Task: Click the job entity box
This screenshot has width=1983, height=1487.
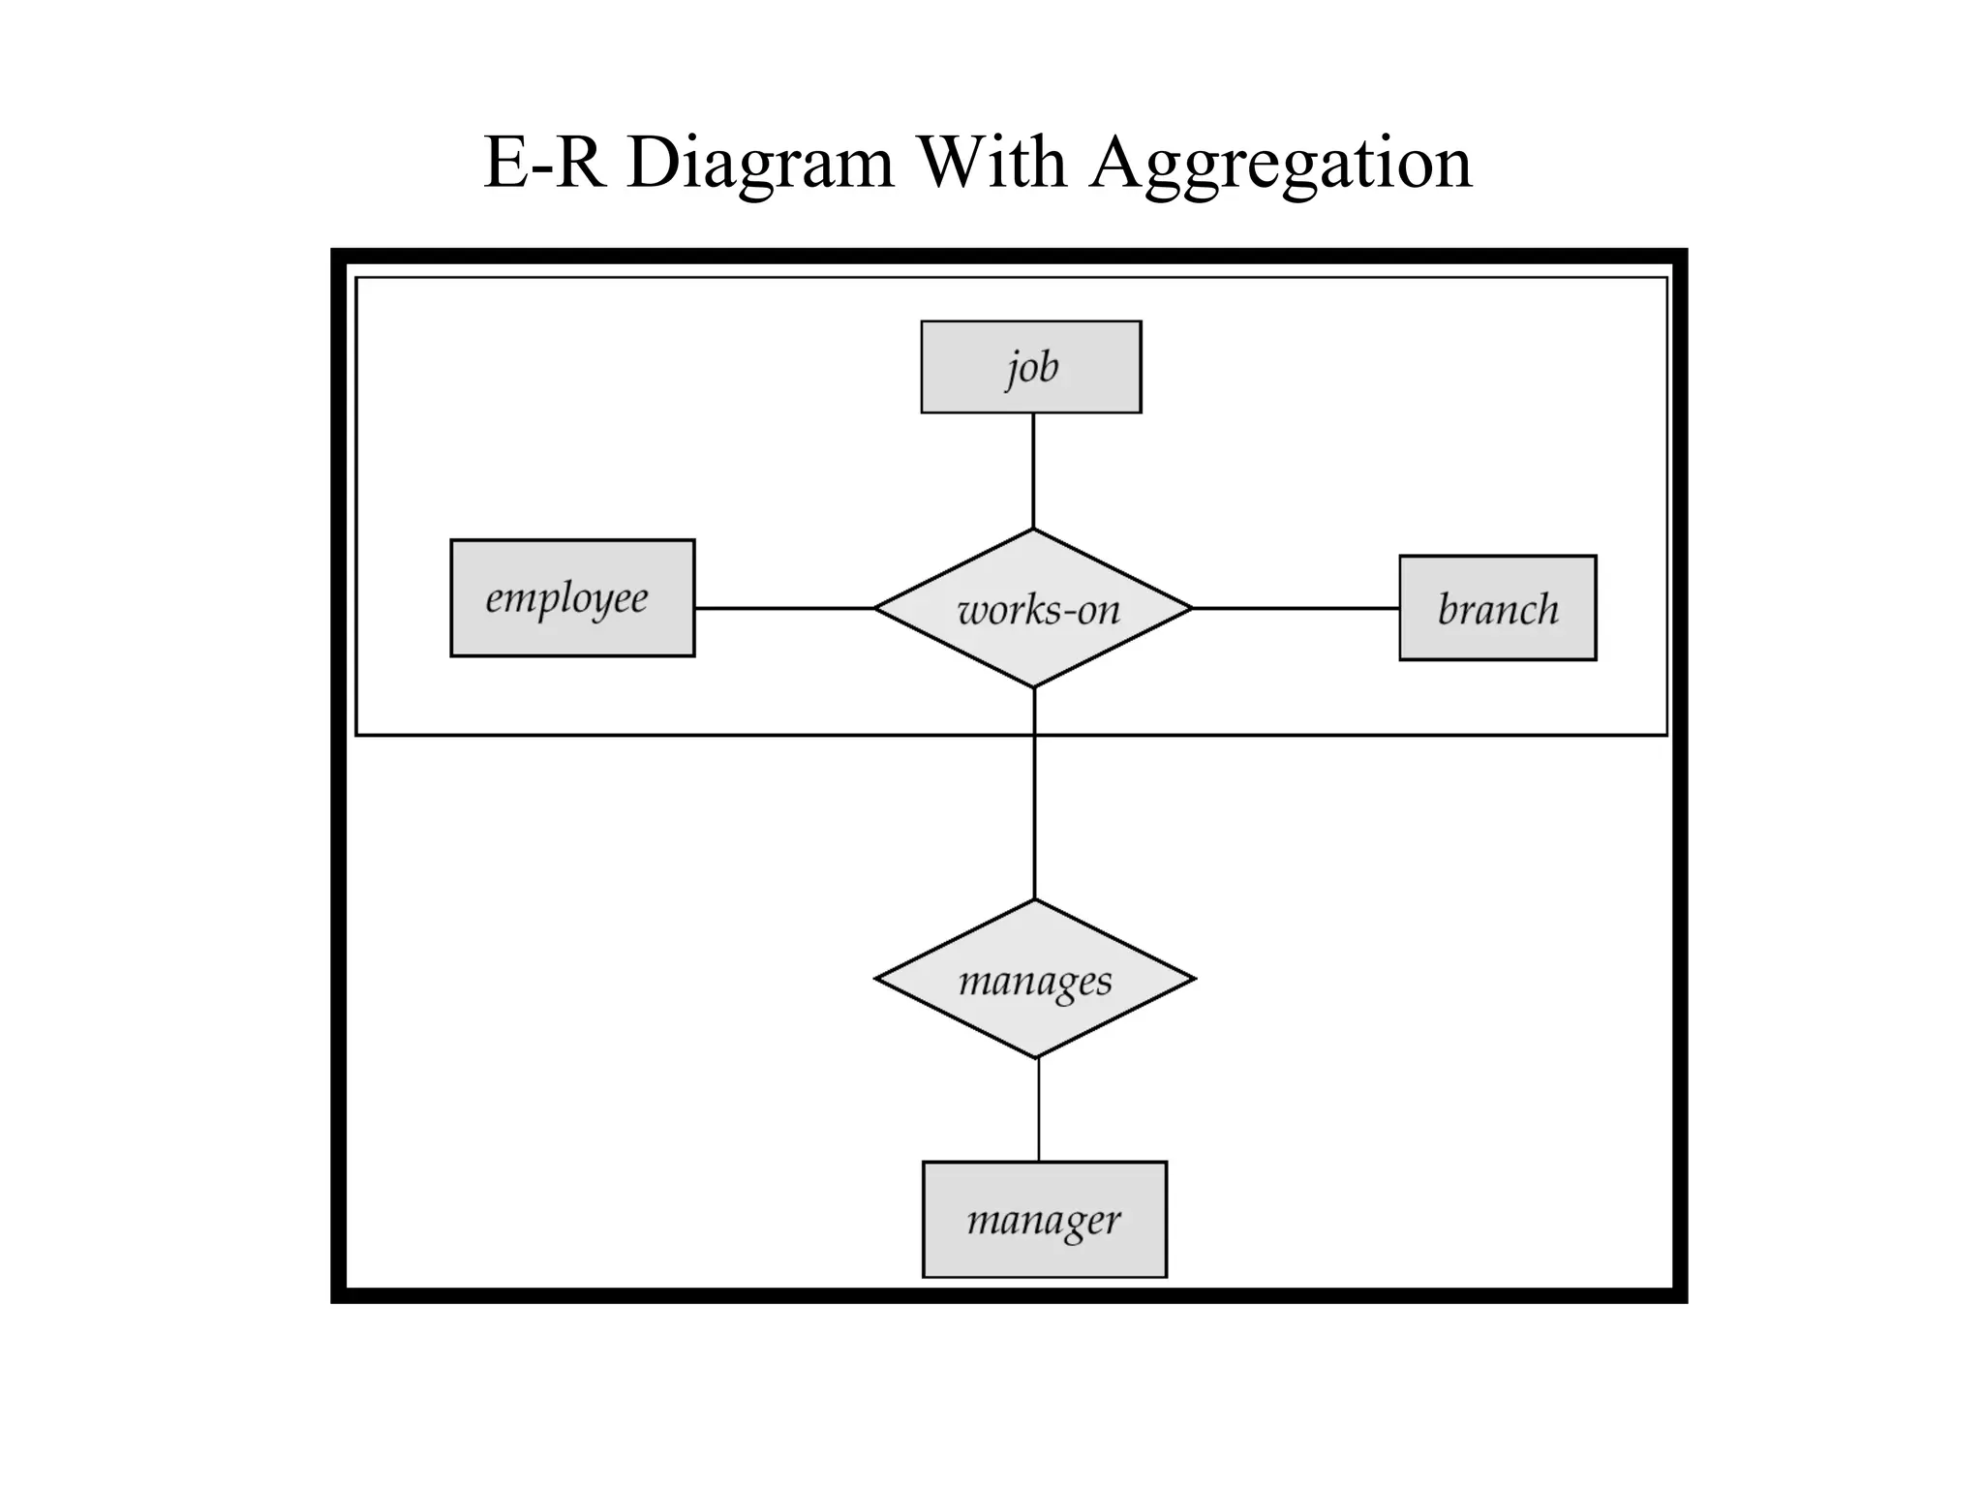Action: click(1030, 367)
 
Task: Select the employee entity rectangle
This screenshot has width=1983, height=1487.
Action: click(572, 598)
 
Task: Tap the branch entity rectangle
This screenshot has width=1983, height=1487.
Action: click(1497, 608)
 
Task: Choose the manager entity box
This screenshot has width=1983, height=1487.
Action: click(1044, 1219)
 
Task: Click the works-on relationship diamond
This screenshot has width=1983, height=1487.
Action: click(1034, 609)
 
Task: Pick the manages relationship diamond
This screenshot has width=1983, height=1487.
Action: click(1034, 980)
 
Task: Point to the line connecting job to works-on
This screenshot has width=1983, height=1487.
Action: click(1033, 470)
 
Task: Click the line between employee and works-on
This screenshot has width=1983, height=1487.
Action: click(784, 608)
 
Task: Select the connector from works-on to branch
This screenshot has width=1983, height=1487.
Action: click(1296, 608)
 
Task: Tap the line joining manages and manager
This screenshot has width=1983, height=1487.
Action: click(1039, 1109)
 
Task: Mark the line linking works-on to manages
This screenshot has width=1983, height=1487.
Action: click(1034, 813)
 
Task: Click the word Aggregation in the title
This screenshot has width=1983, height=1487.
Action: click(1280, 163)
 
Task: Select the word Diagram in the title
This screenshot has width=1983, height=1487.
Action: click(760, 163)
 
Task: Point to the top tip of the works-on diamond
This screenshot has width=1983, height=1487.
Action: click(1033, 531)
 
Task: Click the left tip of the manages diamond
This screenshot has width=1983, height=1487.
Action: click(877, 979)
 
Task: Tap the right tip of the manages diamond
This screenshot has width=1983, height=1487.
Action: click(1193, 979)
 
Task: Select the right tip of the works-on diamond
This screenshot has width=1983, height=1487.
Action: click(1190, 608)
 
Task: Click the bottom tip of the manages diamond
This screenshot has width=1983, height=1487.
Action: click(1036, 1056)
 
